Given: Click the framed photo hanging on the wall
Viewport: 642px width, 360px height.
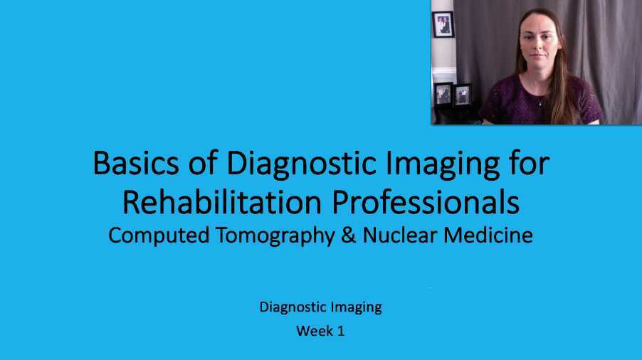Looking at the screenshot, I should pos(442,24).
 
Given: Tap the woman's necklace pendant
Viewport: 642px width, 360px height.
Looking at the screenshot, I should pos(539,103).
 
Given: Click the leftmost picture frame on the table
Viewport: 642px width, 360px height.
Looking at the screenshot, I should pos(443,93).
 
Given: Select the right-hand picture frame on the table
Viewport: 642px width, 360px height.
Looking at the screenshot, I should pos(462,95).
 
